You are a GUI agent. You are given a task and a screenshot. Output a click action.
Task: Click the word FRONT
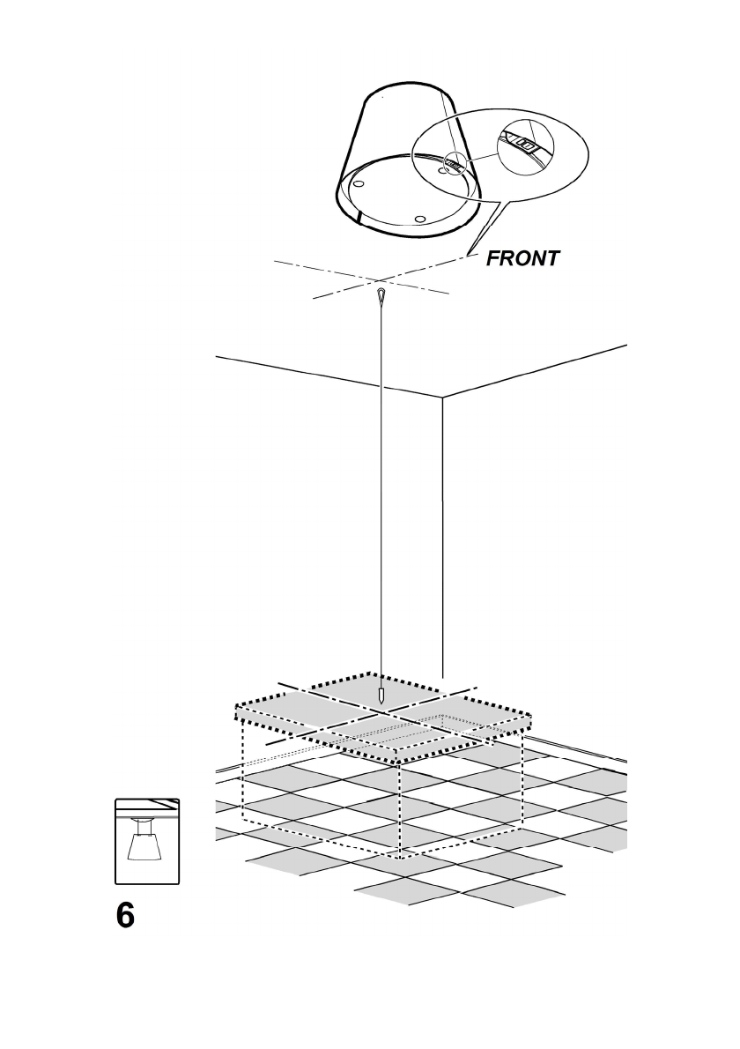click(522, 258)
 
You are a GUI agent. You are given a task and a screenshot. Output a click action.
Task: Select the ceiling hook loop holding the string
click(381, 294)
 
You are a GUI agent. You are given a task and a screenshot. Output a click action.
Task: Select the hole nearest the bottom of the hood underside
click(419, 218)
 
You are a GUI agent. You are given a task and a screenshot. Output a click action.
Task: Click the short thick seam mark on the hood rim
click(359, 216)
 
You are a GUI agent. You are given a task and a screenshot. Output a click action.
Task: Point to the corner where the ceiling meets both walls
click(442, 398)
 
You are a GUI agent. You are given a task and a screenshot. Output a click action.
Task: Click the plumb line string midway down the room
click(381, 494)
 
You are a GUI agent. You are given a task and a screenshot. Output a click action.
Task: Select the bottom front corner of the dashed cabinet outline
click(402, 856)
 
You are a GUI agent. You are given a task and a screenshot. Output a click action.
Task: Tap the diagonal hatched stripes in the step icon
click(164, 804)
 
